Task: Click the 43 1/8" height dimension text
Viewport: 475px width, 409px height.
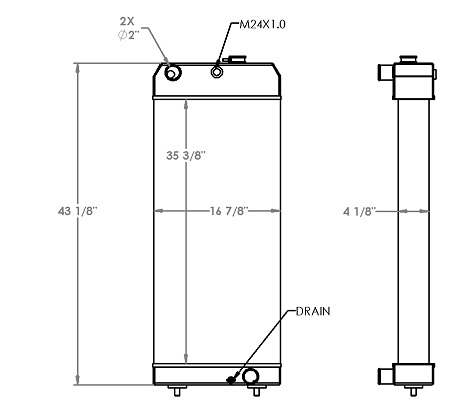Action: coord(78,210)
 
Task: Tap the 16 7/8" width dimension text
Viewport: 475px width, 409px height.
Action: coord(229,211)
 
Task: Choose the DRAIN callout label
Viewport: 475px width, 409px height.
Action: coord(312,312)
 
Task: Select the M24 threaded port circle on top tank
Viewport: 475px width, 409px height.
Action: coord(218,71)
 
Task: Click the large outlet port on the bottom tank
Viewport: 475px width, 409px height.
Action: coord(250,376)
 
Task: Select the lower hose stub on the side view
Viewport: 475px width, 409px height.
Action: coord(385,376)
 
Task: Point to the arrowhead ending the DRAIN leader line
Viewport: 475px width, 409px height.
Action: coord(236,378)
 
